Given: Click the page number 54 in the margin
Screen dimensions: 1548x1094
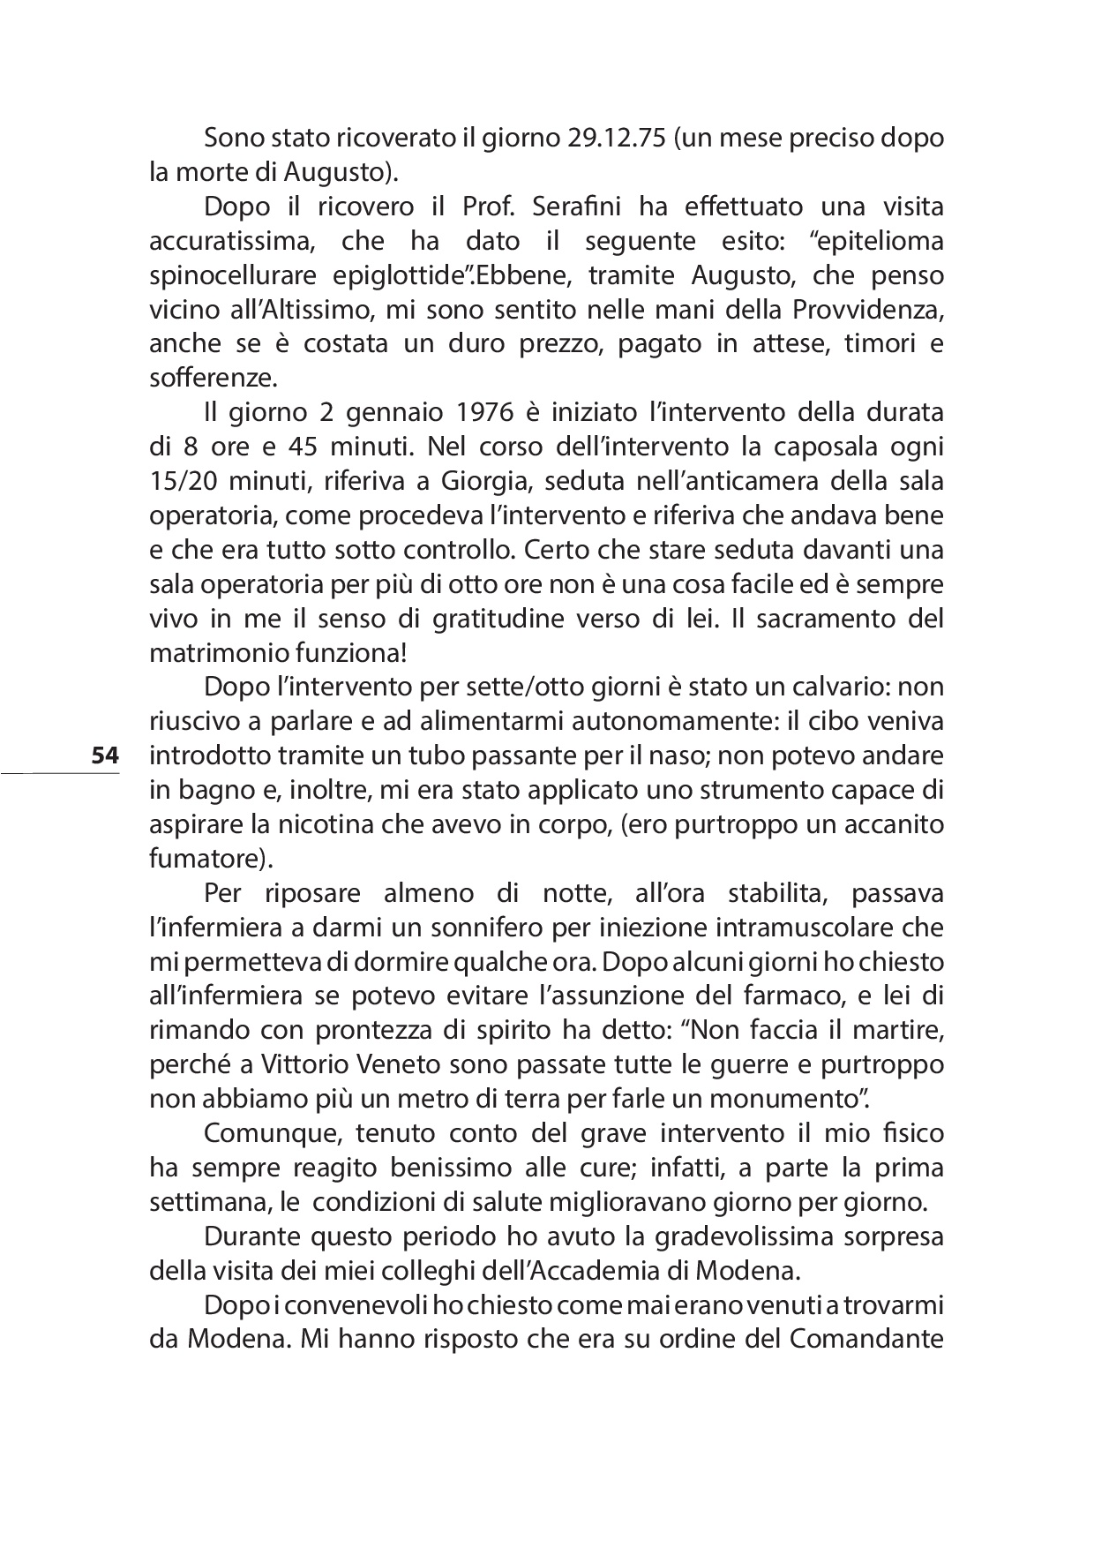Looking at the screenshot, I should pos(104,755).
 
